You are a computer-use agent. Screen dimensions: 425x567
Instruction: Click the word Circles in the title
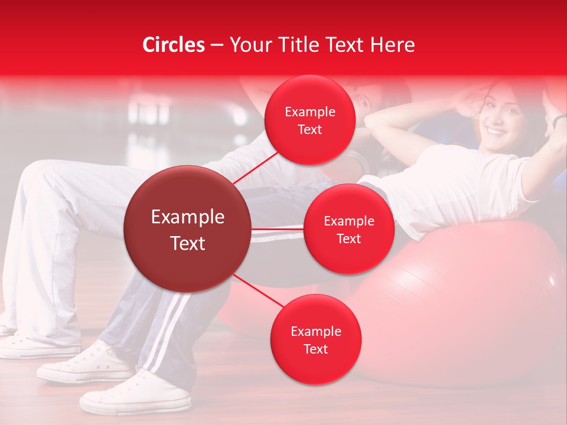coord(174,45)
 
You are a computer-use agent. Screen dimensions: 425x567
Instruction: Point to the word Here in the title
coord(393,45)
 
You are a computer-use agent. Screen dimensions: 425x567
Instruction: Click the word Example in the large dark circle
coord(188,217)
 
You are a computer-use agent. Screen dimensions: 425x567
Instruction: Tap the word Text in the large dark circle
coord(188,243)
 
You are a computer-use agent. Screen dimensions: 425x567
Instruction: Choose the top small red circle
coord(309,120)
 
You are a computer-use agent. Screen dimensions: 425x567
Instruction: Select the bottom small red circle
coord(315,339)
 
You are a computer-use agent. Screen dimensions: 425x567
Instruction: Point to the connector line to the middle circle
coord(277,228)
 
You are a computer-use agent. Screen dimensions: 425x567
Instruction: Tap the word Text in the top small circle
coord(309,129)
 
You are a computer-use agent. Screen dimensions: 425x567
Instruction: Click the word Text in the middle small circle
coord(348,238)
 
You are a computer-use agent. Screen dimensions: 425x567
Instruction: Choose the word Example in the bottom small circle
coord(315,331)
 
